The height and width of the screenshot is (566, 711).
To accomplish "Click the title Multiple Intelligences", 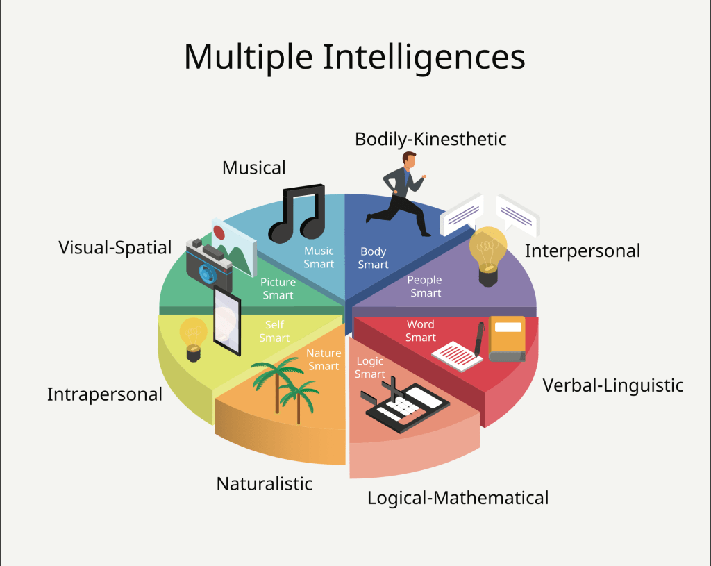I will point(354,56).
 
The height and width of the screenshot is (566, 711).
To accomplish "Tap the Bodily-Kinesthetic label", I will point(430,139).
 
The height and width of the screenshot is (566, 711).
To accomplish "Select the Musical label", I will point(253,168).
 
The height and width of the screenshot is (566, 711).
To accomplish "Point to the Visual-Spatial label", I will point(115,247).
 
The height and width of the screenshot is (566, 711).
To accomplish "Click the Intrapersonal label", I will point(104,394).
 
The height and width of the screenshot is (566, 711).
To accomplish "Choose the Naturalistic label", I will point(265,483).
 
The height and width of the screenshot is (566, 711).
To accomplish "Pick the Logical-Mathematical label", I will point(458,497).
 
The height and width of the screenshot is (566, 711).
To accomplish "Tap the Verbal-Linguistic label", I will point(612,385).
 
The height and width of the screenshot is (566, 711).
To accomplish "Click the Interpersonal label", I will point(582,251).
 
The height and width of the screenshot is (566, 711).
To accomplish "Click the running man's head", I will point(410,159).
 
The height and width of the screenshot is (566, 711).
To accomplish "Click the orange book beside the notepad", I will point(507,338).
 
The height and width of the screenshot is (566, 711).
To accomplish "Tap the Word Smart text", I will point(421,331).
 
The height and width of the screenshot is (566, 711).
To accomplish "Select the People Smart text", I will point(425,286).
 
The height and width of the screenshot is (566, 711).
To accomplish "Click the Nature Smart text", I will point(324,359).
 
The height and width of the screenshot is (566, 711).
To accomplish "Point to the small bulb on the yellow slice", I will point(193,338).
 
